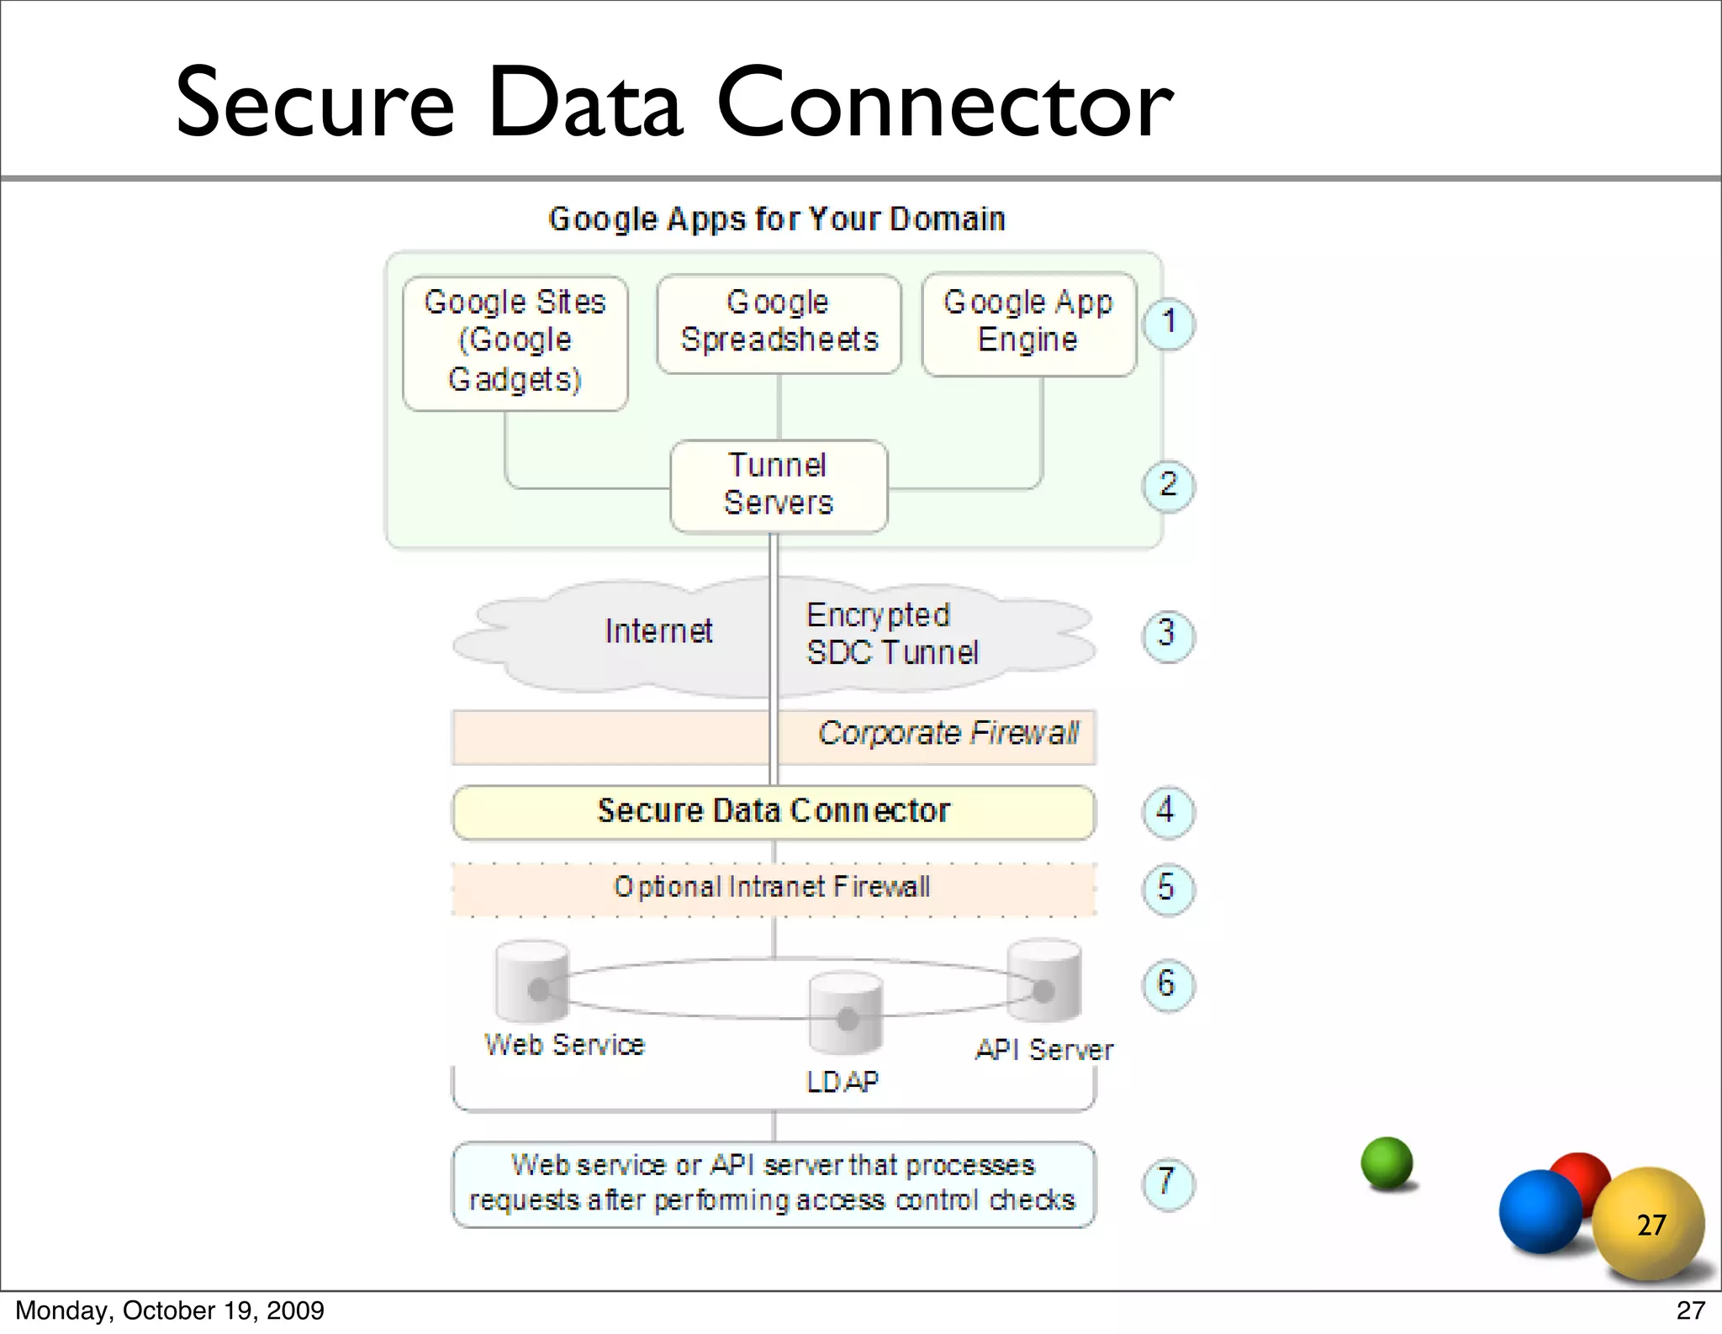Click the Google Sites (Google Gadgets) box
[x=515, y=343]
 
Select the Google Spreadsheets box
[x=779, y=324]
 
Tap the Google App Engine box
[x=1028, y=324]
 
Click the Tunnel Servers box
[x=779, y=485]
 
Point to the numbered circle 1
[x=1168, y=323]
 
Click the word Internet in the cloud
[x=658, y=631]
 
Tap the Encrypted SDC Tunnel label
[x=891, y=635]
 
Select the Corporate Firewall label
[x=948, y=734]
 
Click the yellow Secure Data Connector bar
[x=774, y=812]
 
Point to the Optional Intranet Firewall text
[x=772, y=888]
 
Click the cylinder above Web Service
[x=532, y=980]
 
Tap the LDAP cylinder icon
[x=846, y=1013]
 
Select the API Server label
[x=1043, y=1050]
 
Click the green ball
[x=1387, y=1163]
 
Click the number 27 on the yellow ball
[x=1651, y=1225]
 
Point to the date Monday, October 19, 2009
[x=170, y=1310]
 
